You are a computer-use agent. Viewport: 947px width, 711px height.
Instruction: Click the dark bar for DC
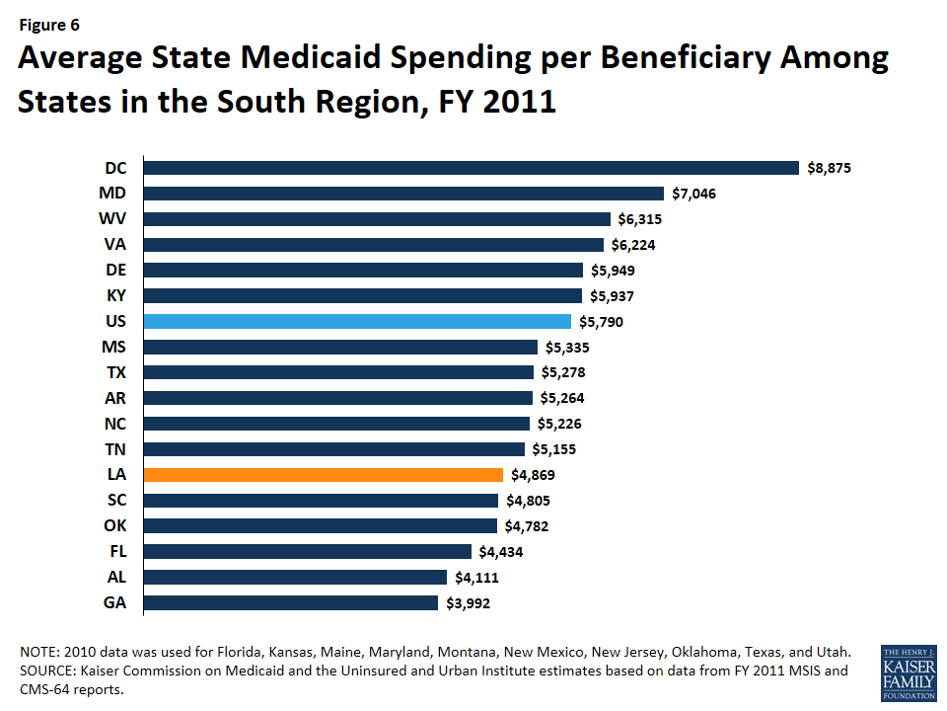[x=471, y=168]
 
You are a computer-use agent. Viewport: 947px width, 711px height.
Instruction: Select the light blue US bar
[x=357, y=321]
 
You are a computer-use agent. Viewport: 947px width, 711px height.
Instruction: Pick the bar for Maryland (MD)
[x=403, y=194]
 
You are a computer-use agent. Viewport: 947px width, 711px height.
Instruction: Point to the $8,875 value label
[x=827, y=169]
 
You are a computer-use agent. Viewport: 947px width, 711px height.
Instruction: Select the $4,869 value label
[x=529, y=475]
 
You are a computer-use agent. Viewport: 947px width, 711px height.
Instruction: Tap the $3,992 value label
[x=466, y=603]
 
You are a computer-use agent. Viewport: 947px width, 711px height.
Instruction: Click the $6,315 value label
[x=639, y=219]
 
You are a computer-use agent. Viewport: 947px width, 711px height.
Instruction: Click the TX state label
[x=114, y=372]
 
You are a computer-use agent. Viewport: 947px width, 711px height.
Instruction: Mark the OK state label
[x=114, y=525]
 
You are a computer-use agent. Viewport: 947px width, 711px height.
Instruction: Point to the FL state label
[x=116, y=551]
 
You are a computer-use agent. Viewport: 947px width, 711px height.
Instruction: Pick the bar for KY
[x=362, y=295]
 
